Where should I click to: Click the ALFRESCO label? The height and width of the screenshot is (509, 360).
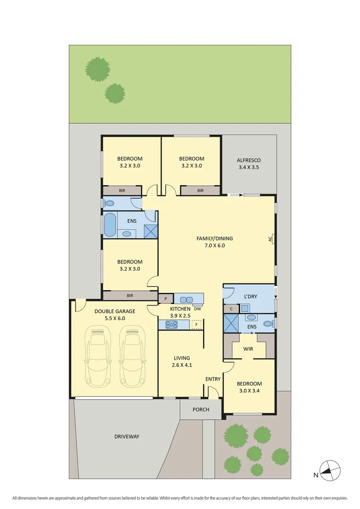point(248,160)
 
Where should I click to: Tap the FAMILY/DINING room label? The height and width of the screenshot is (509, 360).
point(214,238)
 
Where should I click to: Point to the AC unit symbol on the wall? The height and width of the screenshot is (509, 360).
point(272,239)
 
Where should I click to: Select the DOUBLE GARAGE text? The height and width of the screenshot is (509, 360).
point(115,311)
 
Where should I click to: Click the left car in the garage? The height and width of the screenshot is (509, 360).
point(98,357)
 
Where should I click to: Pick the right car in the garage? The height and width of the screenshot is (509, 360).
point(131,357)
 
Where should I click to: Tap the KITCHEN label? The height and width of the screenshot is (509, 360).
point(167,309)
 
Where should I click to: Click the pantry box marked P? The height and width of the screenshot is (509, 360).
point(165,299)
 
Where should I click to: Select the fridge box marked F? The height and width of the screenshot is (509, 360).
point(196,325)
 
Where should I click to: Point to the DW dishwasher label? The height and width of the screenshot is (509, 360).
point(197,309)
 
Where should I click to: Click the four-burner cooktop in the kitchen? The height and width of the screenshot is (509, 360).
point(171,325)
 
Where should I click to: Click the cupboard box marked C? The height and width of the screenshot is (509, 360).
point(231,309)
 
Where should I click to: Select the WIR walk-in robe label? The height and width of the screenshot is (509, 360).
point(248,349)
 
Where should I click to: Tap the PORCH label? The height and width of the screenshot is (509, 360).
point(201,409)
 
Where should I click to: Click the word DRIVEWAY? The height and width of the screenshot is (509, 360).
point(127,436)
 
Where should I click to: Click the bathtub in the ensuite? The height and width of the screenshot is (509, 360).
point(109,225)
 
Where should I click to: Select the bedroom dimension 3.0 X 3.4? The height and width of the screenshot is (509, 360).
point(249,391)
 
